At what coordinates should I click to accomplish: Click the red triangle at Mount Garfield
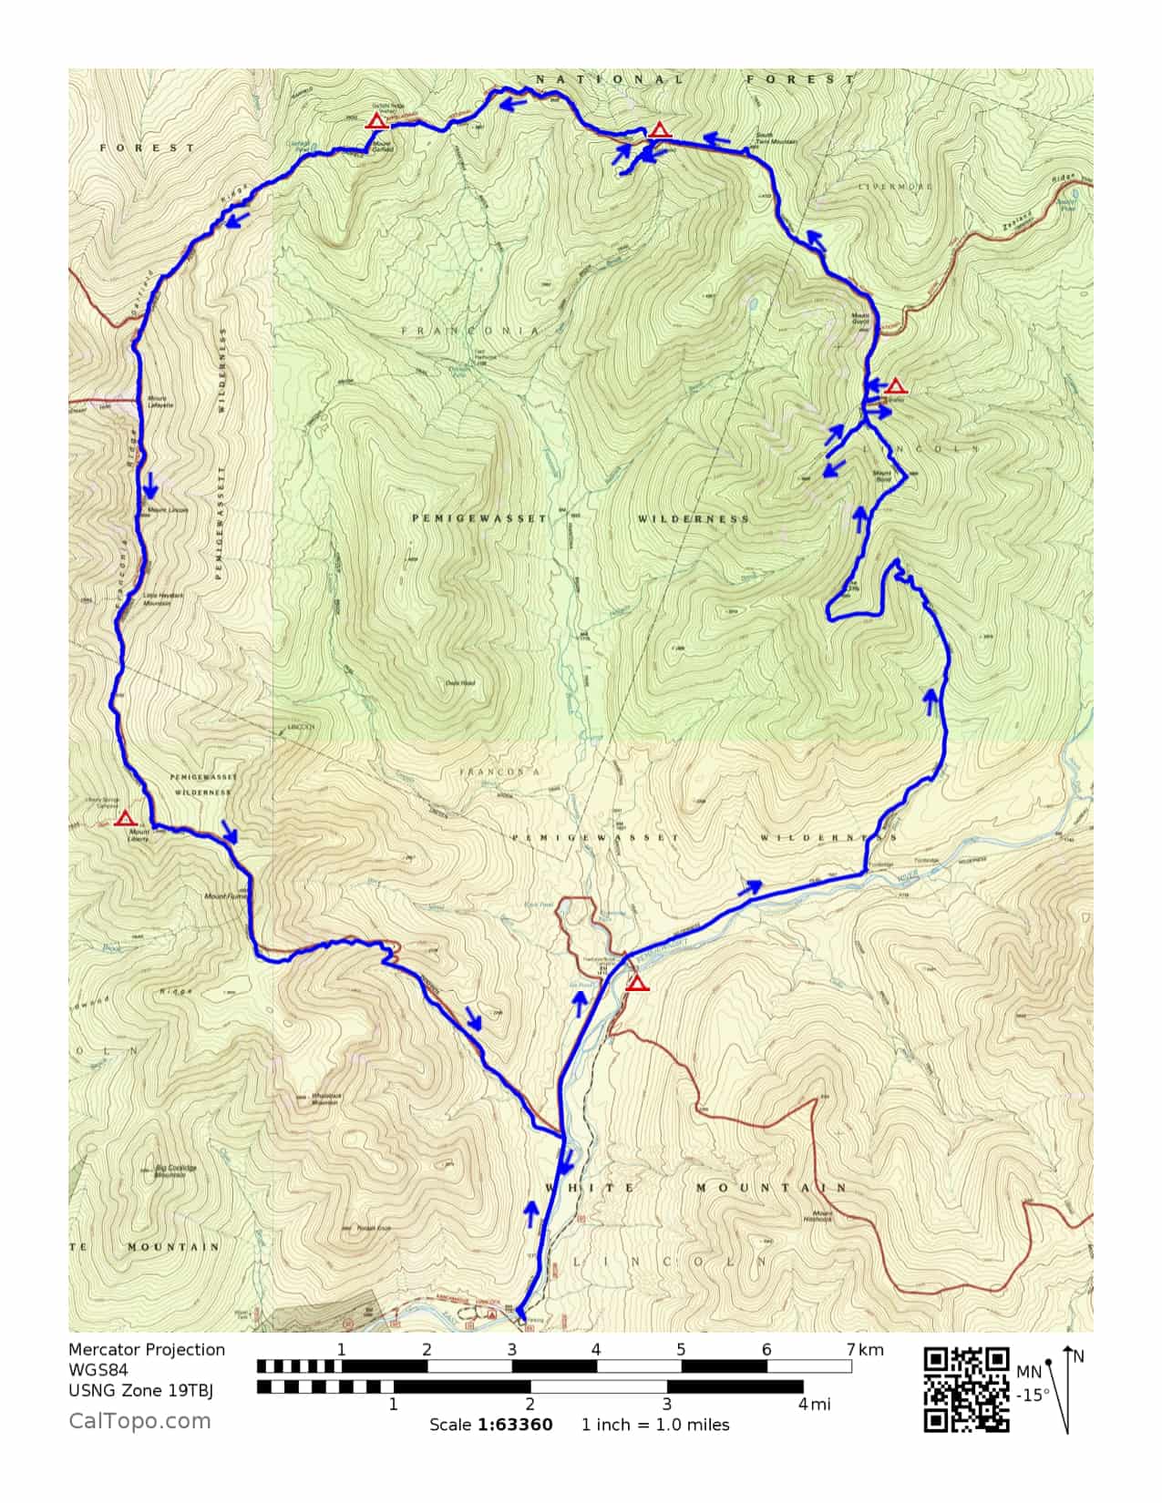[x=375, y=121]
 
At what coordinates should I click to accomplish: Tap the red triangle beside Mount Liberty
[x=126, y=818]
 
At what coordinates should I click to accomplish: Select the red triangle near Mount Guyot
[x=896, y=386]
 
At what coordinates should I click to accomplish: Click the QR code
[x=966, y=1389]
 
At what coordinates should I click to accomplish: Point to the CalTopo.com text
[x=139, y=1421]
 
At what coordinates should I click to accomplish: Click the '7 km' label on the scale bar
[x=865, y=1350]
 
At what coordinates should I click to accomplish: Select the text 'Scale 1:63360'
[x=490, y=1425]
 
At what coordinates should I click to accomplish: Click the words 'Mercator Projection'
[x=147, y=1350]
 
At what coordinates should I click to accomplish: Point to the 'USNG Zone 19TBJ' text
[x=140, y=1390]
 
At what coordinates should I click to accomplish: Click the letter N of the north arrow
[x=1079, y=1357]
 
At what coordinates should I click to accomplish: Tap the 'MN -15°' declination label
[x=1032, y=1384]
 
